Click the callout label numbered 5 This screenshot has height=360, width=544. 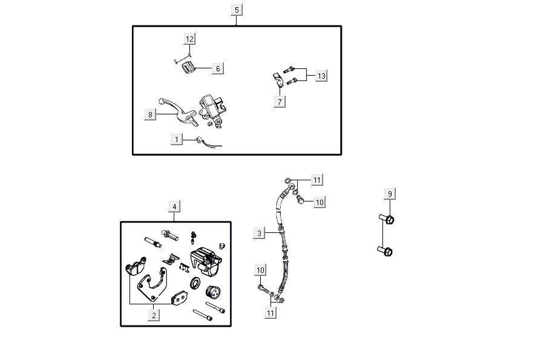click(x=237, y=10)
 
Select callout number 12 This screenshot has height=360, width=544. click(x=189, y=39)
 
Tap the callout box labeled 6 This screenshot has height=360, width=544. click(x=218, y=68)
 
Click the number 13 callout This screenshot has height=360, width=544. click(x=321, y=76)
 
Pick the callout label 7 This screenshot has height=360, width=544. click(x=280, y=102)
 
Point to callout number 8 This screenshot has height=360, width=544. click(x=150, y=114)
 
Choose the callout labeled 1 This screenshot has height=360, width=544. click(x=177, y=139)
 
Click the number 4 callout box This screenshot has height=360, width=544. click(x=174, y=207)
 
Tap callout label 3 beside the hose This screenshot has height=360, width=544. click(x=259, y=233)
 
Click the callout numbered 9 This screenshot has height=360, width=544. click(x=390, y=194)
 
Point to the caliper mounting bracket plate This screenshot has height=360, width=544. click(x=152, y=284)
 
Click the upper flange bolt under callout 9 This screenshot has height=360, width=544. click(x=386, y=219)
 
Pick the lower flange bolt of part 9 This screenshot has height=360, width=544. click(x=385, y=250)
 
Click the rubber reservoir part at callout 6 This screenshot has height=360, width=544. click(x=188, y=67)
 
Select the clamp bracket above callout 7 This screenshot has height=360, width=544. click(x=278, y=80)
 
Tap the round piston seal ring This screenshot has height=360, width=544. click(x=195, y=283)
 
